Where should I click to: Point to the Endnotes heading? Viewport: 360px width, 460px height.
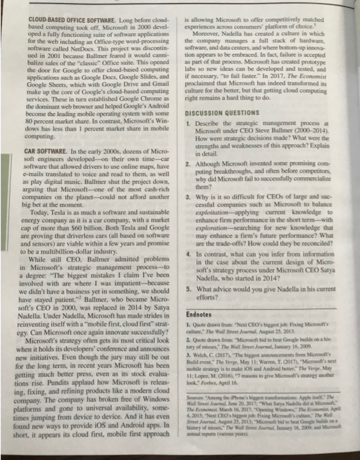(203, 314)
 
